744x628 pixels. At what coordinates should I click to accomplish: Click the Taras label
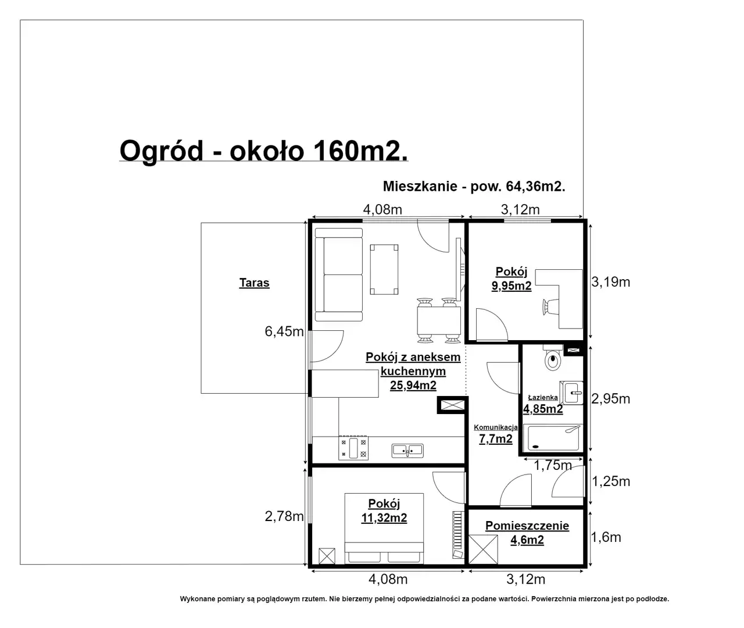(x=254, y=283)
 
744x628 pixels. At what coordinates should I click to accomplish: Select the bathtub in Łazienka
(x=553, y=438)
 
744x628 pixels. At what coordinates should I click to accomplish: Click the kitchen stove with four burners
(x=353, y=448)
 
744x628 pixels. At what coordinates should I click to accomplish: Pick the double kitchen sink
(x=407, y=451)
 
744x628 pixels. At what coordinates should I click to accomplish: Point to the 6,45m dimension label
(x=284, y=331)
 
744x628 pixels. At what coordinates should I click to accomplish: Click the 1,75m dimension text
(x=553, y=465)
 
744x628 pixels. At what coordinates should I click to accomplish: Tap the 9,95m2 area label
(x=512, y=286)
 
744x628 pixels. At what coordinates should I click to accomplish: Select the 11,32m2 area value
(x=384, y=518)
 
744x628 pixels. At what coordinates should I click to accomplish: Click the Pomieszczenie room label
(x=527, y=526)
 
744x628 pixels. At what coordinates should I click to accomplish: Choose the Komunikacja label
(x=496, y=427)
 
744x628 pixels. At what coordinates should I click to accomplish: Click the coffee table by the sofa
(x=384, y=269)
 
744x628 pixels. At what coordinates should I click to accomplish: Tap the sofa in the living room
(x=338, y=274)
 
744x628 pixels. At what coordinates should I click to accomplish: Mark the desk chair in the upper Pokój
(x=550, y=307)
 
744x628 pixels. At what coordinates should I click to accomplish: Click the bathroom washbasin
(x=571, y=392)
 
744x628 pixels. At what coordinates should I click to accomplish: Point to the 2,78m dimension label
(x=284, y=516)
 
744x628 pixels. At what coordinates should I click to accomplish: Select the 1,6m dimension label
(x=606, y=537)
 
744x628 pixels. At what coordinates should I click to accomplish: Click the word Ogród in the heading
(x=162, y=151)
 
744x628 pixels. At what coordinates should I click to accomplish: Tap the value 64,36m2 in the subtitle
(x=535, y=187)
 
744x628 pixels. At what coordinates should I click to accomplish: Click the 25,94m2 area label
(x=413, y=386)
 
